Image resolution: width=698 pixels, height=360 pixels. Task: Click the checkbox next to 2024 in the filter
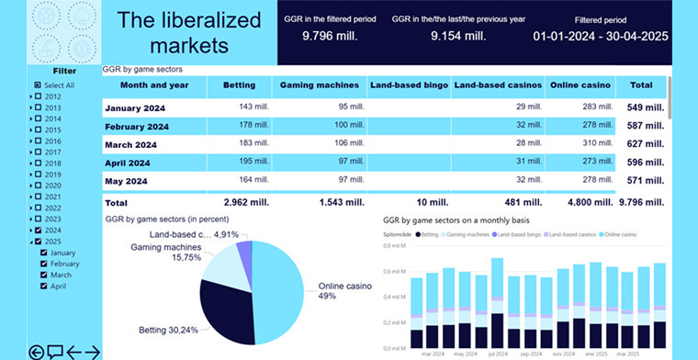coord(38,231)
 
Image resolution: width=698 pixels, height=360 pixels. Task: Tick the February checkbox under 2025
coord(43,264)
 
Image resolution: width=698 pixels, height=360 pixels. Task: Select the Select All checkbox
coord(38,84)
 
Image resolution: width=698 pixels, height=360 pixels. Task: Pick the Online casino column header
coord(580,85)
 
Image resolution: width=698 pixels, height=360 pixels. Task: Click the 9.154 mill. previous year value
coord(456,36)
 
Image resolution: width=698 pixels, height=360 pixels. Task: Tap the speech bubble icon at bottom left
coord(55,351)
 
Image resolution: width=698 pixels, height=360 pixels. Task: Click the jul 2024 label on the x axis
coord(498,353)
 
